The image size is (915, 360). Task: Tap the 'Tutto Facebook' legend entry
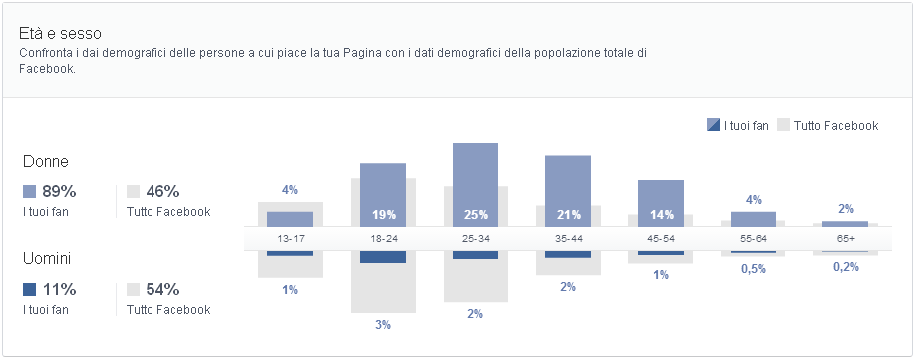pyautogui.click(x=828, y=125)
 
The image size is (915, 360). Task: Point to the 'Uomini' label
pyautogui.click(x=49, y=258)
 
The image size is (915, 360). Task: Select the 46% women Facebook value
pyautogui.click(x=161, y=191)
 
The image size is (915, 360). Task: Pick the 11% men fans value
pyautogui.click(x=58, y=289)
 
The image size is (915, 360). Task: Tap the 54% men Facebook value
pyautogui.click(x=161, y=289)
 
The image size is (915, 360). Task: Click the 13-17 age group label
pyautogui.click(x=290, y=239)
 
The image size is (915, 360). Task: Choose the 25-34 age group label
pyautogui.click(x=475, y=239)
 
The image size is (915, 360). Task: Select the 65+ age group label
pyautogui.click(x=846, y=239)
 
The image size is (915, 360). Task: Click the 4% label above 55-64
pyautogui.click(x=754, y=200)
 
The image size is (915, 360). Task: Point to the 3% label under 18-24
pyautogui.click(x=383, y=325)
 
